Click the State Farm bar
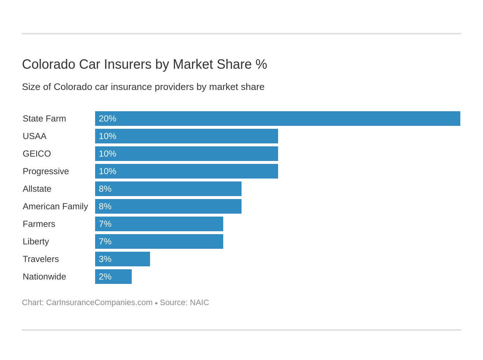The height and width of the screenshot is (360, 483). [277, 119]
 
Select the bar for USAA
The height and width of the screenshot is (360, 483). [187, 136]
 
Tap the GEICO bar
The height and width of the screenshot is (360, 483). [187, 154]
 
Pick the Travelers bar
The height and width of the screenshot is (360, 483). [123, 259]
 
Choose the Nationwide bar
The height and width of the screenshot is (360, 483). [113, 277]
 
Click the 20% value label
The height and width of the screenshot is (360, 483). [107, 119]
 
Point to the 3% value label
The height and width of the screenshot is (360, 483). [105, 259]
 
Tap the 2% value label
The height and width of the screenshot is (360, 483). [105, 277]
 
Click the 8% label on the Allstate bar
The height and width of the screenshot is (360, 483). [105, 189]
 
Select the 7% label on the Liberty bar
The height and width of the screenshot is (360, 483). [105, 241]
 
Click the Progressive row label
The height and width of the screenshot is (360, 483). [46, 171]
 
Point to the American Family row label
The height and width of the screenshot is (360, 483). [55, 206]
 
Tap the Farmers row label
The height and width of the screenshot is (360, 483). [39, 224]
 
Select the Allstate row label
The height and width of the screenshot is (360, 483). [37, 189]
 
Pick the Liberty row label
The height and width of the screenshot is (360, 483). [36, 241]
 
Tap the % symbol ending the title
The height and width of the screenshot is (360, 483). [261, 64]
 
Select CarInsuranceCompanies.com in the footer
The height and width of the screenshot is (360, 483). [99, 303]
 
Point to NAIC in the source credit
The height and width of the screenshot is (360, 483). [199, 303]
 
